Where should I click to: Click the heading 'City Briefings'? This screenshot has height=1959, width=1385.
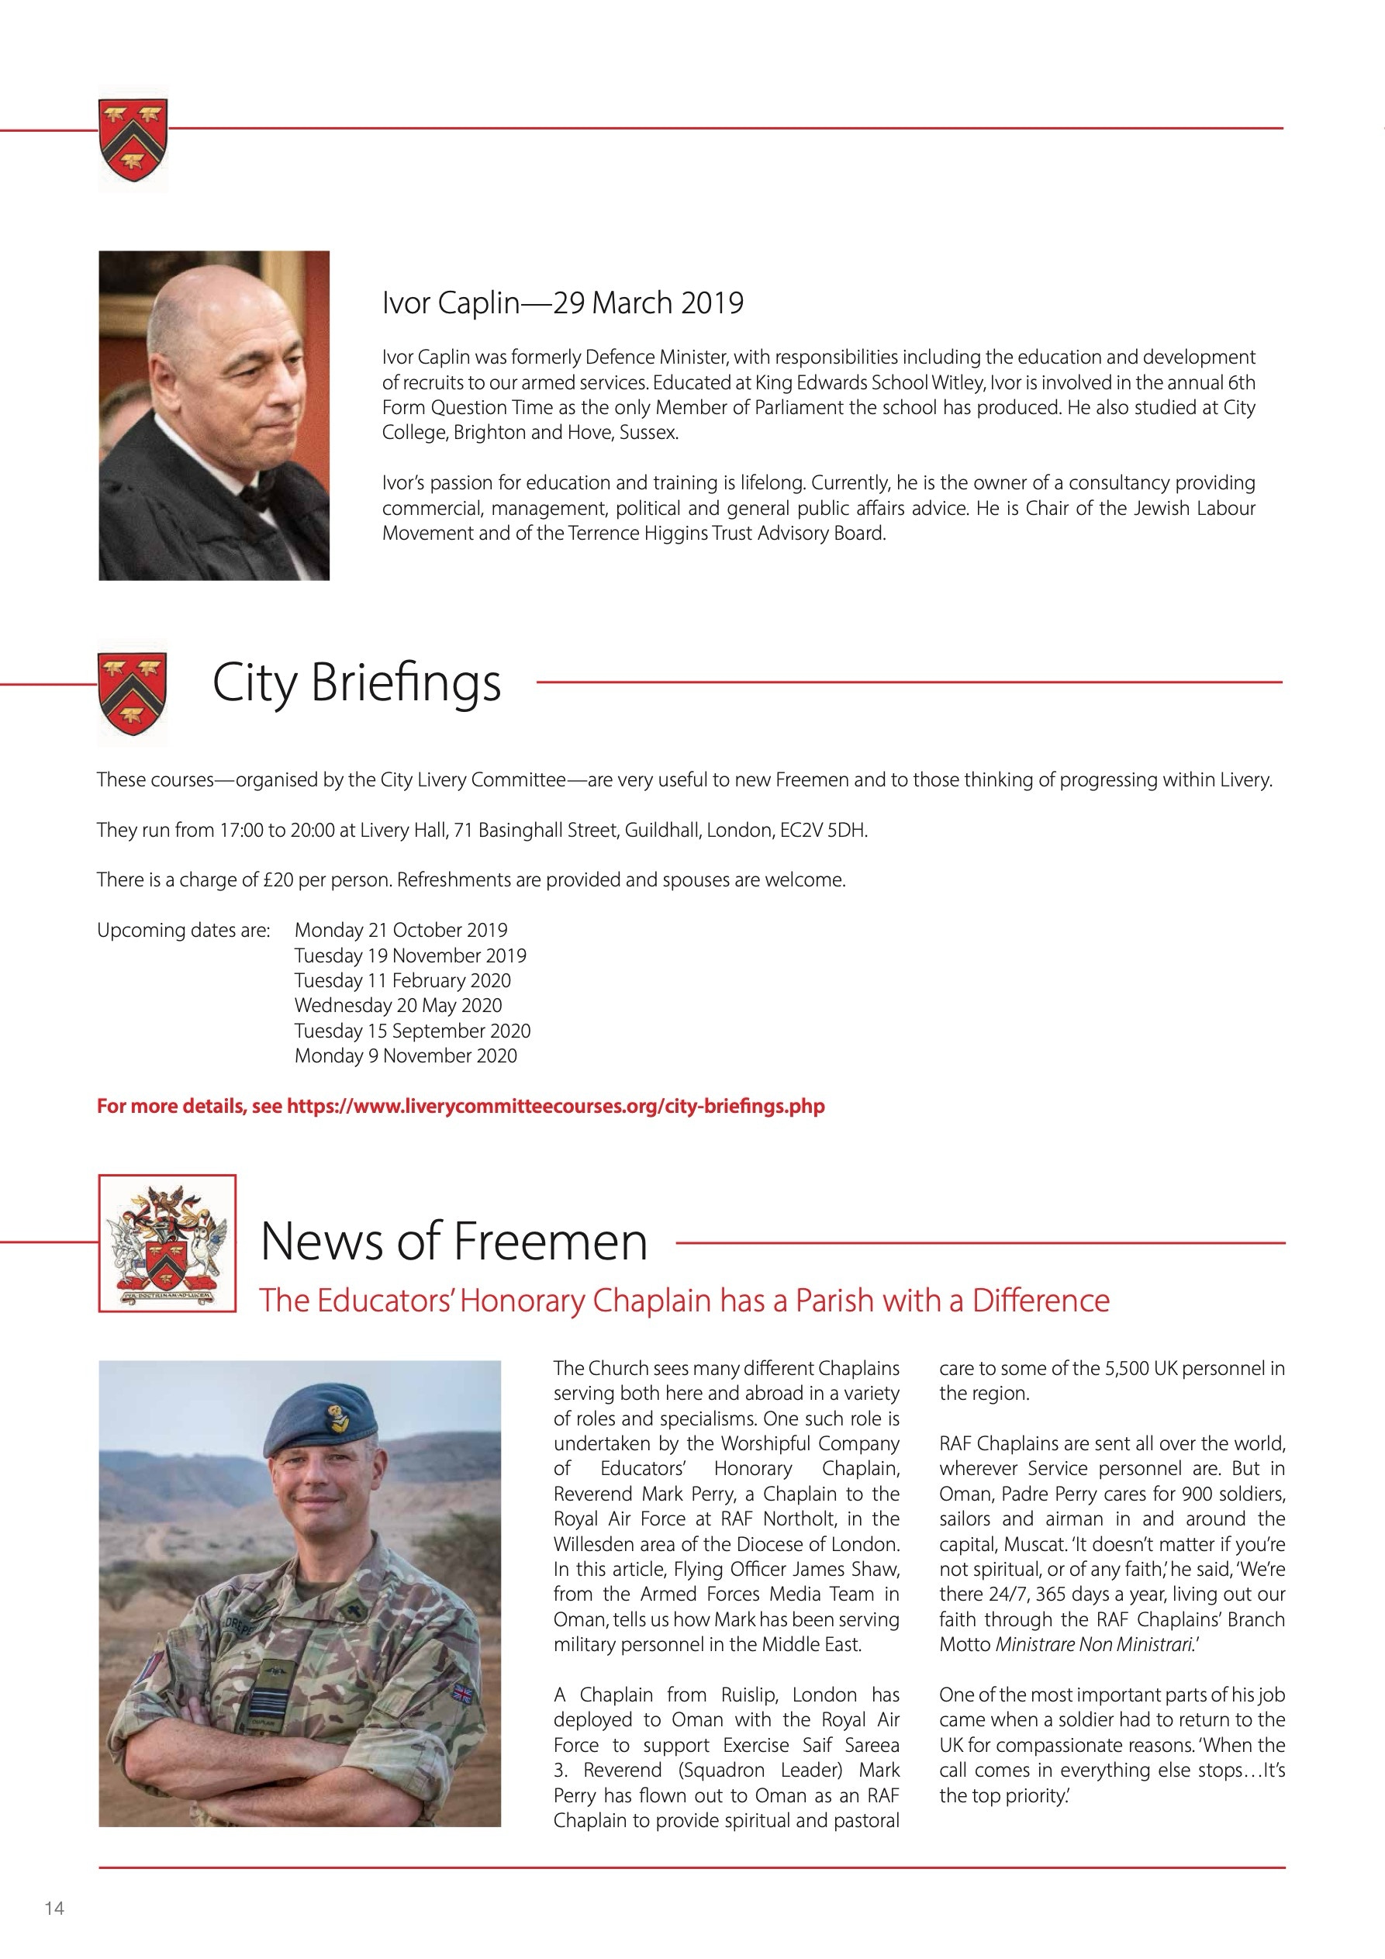click(356, 682)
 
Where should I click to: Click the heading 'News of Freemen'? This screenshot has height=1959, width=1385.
click(453, 1241)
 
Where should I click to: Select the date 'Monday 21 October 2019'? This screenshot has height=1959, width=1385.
click(400, 930)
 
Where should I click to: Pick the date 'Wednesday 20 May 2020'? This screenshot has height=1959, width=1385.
click(398, 1005)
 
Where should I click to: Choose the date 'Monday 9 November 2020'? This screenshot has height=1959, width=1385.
click(406, 1056)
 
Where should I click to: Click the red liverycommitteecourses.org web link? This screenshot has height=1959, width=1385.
click(555, 1107)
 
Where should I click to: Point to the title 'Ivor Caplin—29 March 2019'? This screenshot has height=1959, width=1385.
click(562, 303)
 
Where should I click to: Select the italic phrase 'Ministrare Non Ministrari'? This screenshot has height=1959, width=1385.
click(1093, 1644)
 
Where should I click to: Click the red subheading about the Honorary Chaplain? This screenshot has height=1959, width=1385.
click(685, 1301)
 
